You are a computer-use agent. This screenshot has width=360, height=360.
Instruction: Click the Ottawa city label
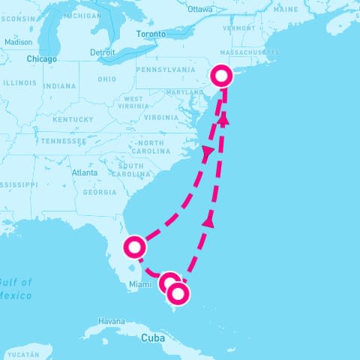[x=200, y=10]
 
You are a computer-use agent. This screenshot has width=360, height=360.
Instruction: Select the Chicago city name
[x=41, y=58]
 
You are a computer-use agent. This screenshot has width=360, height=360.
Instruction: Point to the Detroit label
[x=102, y=52]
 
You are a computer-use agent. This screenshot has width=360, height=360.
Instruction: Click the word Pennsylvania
[x=166, y=70]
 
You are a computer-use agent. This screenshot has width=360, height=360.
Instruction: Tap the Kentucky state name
[x=73, y=119]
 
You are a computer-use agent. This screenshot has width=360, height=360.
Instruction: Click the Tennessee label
[x=64, y=141]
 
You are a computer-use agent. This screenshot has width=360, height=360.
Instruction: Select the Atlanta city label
[x=85, y=172]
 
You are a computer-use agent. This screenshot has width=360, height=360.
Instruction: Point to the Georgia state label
[x=100, y=193]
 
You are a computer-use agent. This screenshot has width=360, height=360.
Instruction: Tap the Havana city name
[x=111, y=321]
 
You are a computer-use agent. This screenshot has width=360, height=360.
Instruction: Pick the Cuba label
[x=152, y=338]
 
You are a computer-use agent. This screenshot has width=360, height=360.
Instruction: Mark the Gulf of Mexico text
[x=15, y=289]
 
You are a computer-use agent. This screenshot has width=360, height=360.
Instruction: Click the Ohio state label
[x=106, y=79]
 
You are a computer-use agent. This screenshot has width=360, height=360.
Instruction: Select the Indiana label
[x=60, y=86]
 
